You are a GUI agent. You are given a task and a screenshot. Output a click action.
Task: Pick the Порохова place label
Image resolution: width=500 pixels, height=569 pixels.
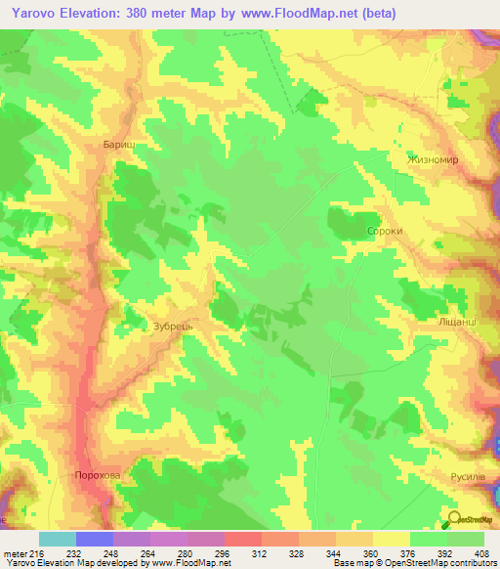click(98, 475)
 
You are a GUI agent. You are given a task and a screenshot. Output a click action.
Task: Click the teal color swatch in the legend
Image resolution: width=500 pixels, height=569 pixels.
click(58, 539)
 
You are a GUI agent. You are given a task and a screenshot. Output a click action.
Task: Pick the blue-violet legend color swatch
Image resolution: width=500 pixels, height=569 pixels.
click(95, 539)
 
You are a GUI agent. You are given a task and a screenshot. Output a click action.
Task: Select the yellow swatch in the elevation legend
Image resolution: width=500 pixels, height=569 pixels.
click(392, 539)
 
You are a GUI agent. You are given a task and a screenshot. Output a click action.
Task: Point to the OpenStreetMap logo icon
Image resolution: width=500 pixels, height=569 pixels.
click(454, 520)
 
